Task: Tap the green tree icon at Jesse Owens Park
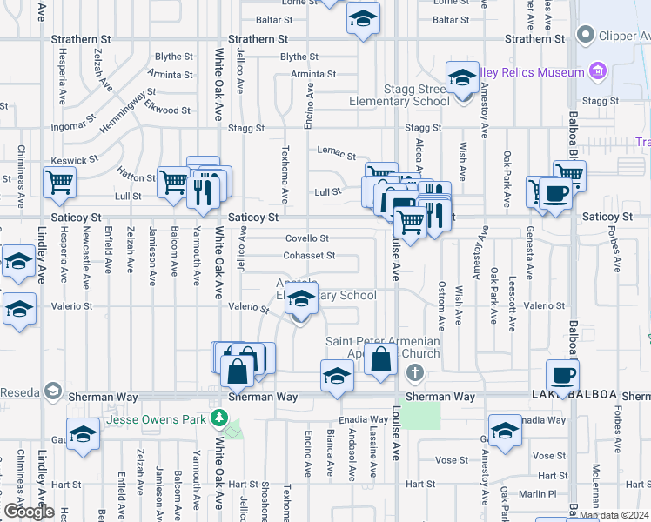click(x=221, y=419)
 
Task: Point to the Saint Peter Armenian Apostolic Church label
click(x=383, y=348)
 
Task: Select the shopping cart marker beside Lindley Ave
click(x=60, y=183)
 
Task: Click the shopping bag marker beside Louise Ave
click(x=381, y=358)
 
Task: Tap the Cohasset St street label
click(x=309, y=256)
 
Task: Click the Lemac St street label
click(x=331, y=151)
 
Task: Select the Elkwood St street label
click(x=168, y=110)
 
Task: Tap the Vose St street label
click(x=548, y=456)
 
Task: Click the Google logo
click(x=29, y=512)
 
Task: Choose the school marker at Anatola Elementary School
click(x=301, y=298)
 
